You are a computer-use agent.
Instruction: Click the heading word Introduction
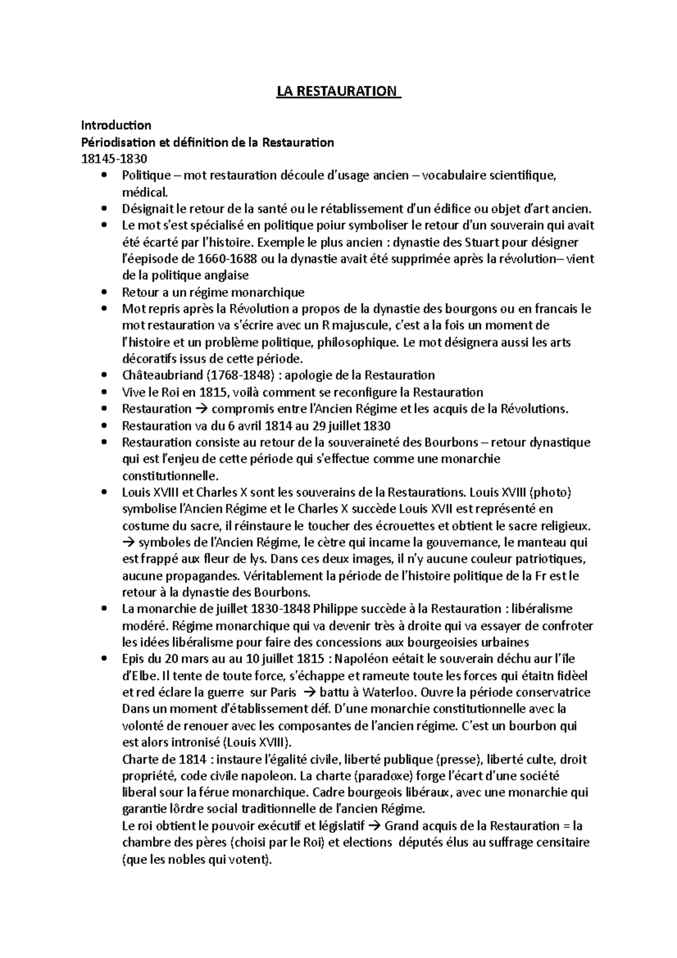(116, 125)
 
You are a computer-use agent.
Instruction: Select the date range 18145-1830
(116, 159)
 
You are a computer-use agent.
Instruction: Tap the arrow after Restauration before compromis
(201, 409)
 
